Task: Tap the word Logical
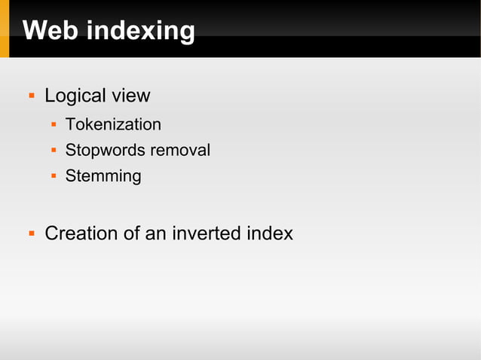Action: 75,96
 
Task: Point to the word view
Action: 130,96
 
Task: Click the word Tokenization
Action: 113,124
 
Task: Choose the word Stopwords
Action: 106,150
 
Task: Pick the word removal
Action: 180,150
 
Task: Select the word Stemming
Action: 103,176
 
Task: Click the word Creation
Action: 81,233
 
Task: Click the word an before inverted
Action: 155,233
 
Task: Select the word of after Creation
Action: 132,233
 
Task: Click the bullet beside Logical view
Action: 32,96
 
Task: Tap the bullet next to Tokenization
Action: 54,124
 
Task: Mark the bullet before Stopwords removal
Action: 54,150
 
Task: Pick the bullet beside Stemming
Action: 54,176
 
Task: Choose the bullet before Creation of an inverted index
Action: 32,233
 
